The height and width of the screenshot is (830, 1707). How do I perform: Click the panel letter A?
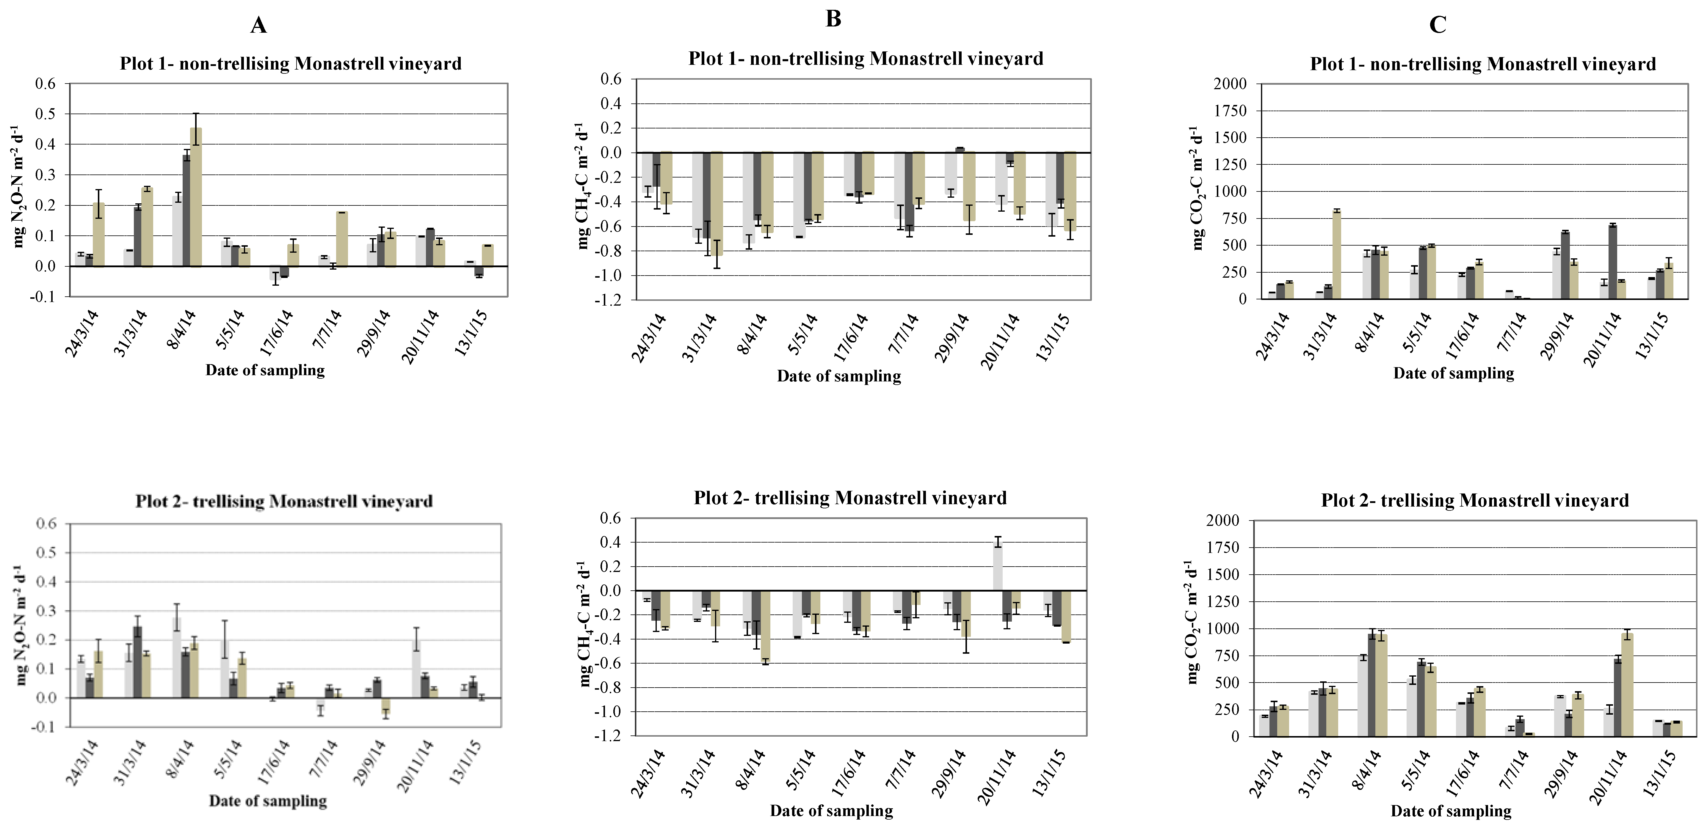pos(258,25)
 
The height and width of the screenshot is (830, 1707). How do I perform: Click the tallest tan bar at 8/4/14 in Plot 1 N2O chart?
pos(195,199)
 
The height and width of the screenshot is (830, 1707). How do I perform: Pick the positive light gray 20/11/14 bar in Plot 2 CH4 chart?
pos(997,566)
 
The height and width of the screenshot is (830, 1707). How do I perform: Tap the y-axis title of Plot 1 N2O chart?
pos(18,189)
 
